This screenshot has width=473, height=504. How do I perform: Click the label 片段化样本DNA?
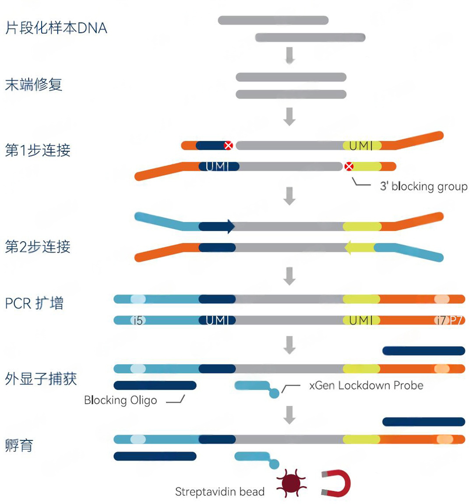coord(56,28)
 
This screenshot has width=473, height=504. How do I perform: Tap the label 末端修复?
coord(34,85)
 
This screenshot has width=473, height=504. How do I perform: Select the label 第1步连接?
coord(38,150)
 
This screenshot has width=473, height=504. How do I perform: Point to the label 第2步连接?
coord(38,247)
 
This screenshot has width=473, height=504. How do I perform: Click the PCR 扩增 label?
coord(34,303)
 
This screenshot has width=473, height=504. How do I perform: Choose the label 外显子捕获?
coord(41,378)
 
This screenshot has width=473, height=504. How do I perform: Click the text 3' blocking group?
coord(424,186)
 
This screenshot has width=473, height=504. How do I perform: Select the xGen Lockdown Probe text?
coord(366,385)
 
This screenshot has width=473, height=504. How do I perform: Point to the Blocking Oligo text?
coord(120,400)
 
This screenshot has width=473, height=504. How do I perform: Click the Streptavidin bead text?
coord(219,492)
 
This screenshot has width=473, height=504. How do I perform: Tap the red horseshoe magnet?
coord(337,483)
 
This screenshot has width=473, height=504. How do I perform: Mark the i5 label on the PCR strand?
coord(138,321)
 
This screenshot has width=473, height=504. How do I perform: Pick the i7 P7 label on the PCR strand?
coord(449,321)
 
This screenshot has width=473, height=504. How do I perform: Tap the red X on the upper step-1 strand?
coord(228,145)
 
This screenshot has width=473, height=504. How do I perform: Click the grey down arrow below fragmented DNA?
coord(289,55)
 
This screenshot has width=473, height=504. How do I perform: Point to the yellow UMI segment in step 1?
coord(362,145)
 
